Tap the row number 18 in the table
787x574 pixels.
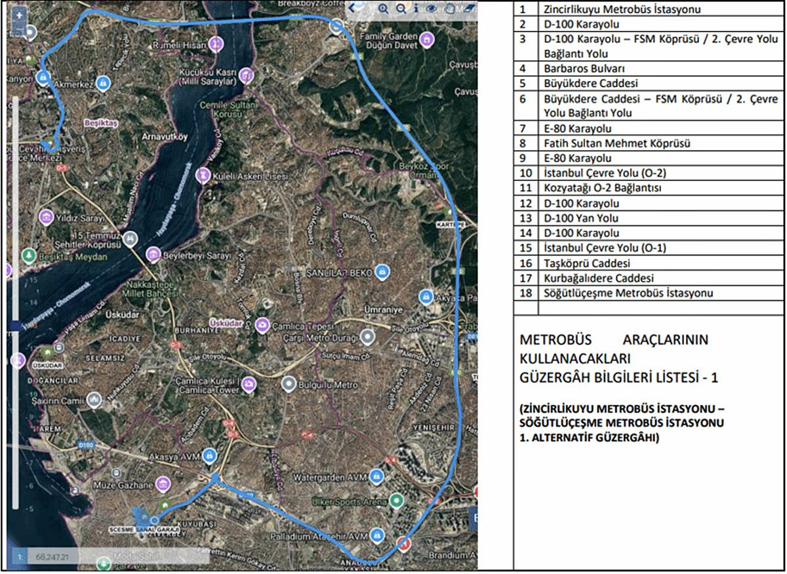(x=523, y=293)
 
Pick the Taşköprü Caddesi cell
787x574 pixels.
(x=587, y=263)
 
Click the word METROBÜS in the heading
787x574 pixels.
(x=555, y=341)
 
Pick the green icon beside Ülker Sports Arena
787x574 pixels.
(x=395, y=501)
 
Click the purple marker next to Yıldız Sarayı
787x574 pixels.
(x=46, y=216)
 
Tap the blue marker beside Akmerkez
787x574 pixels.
(x=103, y=83)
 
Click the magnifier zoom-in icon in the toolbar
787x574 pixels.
(x=383, y=9)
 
